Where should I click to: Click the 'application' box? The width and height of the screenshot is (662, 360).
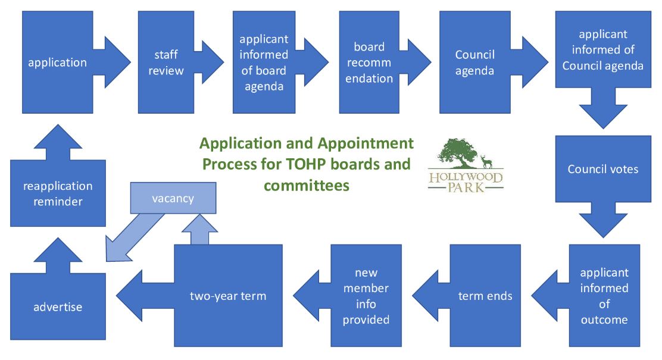57,62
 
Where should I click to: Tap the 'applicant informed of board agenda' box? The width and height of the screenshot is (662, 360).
263,62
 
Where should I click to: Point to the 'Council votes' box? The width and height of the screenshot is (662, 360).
602,169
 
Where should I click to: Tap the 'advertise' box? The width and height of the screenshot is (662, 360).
58,307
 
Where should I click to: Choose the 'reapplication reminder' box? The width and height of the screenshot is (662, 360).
58,194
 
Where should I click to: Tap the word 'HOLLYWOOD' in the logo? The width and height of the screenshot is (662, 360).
466,178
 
